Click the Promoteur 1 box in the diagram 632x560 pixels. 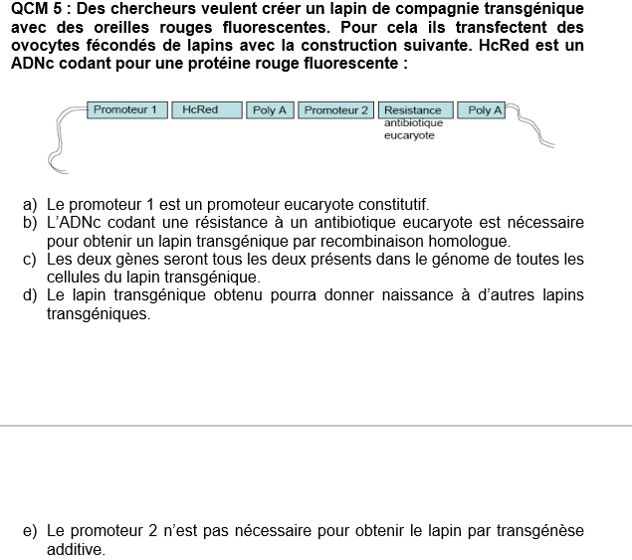pyautogui.click(x=125, y=109)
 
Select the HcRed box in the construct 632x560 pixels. pyautogui.click(x=201, y=109)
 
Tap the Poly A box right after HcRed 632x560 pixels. pyautogui.click(x=270, y=110)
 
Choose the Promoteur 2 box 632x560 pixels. pyautogui.click(x=336, y=110)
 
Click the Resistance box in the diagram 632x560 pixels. pyautogui.click(x=414, y=110)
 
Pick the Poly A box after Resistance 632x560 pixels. pyautogui.click(x=486, y=110)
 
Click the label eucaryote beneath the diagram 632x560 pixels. pyautogui.click(x=409, y=135)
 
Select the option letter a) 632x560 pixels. pyautogui.click(x=30, y=205)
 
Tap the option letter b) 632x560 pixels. pyautogui.click(x=30, y=223)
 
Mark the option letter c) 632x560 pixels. pyautogui.click(x=30, y=260)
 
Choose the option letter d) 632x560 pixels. pyautogui.click(x=30, y=295)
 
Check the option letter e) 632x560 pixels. pyautogui.click(x=30, y=531)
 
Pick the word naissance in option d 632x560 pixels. pyautogui.click(x=400, y=295)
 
